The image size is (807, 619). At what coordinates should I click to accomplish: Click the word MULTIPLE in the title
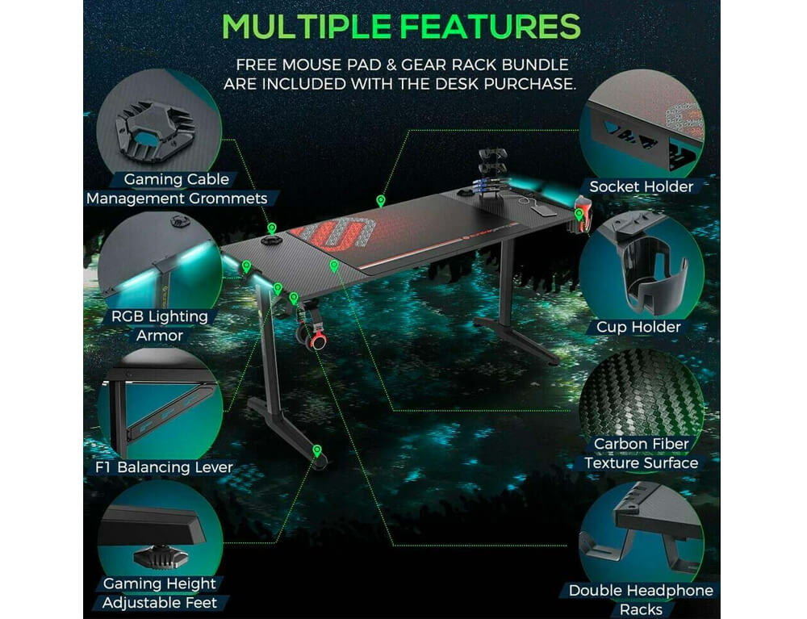point(306,26)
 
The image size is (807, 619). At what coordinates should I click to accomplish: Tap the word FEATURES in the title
point(491,26)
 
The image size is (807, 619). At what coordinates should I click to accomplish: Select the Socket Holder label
point(642,186)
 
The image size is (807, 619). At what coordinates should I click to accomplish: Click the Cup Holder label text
point(638,327)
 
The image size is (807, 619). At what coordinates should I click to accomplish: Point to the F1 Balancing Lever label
point(164,467)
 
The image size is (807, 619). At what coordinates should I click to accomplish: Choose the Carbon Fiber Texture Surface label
point(642,454)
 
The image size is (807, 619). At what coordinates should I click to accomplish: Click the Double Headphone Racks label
point(641,600)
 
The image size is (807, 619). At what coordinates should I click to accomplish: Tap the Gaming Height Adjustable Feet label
point(160,592)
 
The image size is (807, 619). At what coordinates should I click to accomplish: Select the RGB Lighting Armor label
point(160,326)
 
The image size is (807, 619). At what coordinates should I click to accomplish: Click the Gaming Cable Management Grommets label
point(177,189)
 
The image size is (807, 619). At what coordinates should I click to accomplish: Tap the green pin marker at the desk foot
point(317,451)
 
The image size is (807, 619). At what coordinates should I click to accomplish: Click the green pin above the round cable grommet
point(272,228)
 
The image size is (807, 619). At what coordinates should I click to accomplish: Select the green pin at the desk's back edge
point(380,201)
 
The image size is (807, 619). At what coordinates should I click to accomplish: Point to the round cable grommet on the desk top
point(271,240)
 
